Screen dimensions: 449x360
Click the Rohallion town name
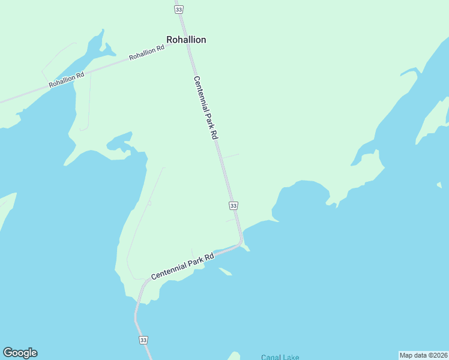click(x=186, y=40)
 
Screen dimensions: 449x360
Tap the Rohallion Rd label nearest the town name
click(x=146, y=53)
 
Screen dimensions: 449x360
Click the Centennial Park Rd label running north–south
click(x=205, y=108)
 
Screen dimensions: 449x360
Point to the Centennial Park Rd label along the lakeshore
click(x=182, y=266)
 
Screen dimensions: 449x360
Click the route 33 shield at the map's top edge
click(x=179, y=10)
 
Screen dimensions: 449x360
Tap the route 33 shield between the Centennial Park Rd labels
click(x=234, y=206)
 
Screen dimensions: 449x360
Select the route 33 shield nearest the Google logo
click(x=143, y=340)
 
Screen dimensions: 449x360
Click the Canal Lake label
click(x=280, y=358)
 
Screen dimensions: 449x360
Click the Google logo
click(x=20, y=353)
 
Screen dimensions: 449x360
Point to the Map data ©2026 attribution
click(x=423, y=355)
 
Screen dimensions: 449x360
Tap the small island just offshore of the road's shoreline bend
click(x=225, y=272)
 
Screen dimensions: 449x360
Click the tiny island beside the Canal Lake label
click(x=235, y=356)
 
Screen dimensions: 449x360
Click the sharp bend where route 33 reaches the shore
click(x=241, y=242)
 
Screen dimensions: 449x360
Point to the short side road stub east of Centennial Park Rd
click(x=231, y=157)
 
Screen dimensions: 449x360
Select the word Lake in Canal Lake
click(x=291, y=358)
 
